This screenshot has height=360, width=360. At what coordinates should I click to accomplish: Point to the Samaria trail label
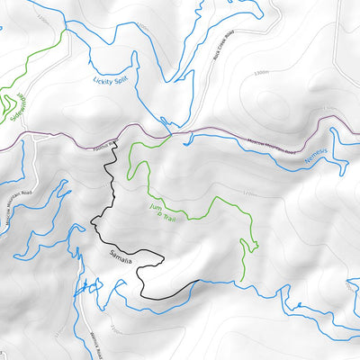tap(117, 260)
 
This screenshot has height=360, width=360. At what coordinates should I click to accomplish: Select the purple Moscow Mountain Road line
tap(225, 134)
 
